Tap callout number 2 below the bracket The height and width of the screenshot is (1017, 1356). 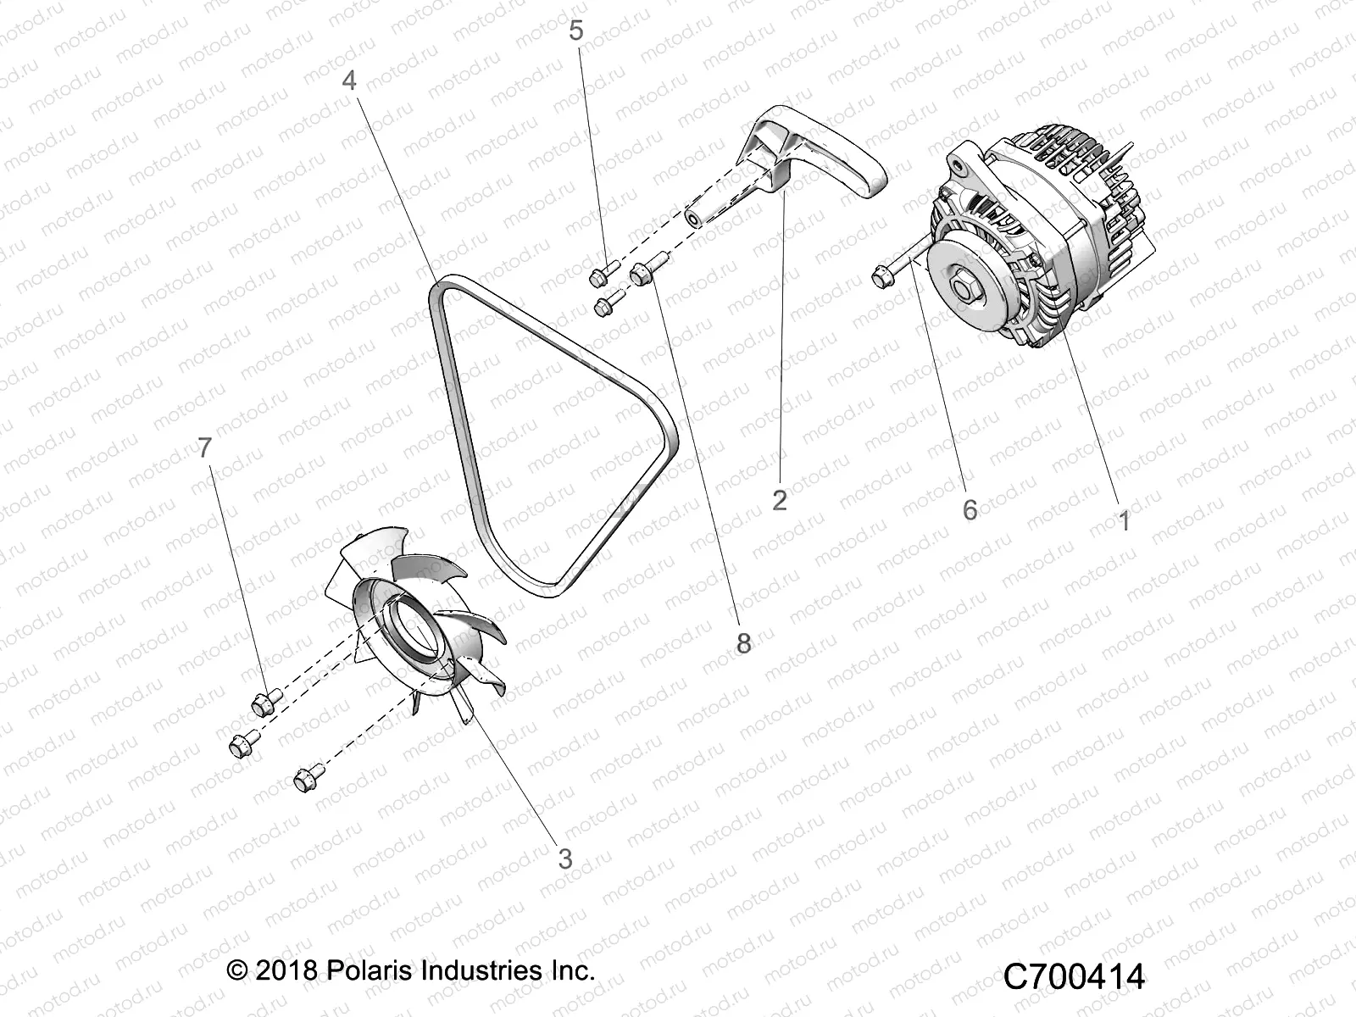click(x=780, y=500)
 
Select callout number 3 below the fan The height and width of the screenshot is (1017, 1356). click(x=565, y=858)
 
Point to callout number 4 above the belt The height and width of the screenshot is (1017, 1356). click(x=349, y=81)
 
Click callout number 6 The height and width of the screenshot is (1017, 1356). click(x=970, y=509)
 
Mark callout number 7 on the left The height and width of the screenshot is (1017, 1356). click(x=204, y=448)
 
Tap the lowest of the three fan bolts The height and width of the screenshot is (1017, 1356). click(x=308, y=776)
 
